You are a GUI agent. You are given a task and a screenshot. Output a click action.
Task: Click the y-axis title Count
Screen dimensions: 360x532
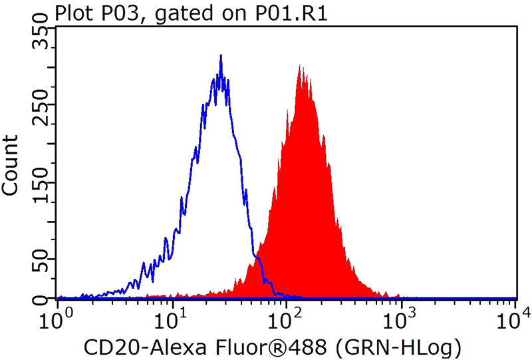point(11,164)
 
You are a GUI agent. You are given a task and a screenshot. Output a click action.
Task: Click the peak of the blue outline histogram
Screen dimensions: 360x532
point(221,56)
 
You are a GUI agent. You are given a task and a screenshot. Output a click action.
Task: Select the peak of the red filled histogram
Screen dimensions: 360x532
point(301,66)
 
